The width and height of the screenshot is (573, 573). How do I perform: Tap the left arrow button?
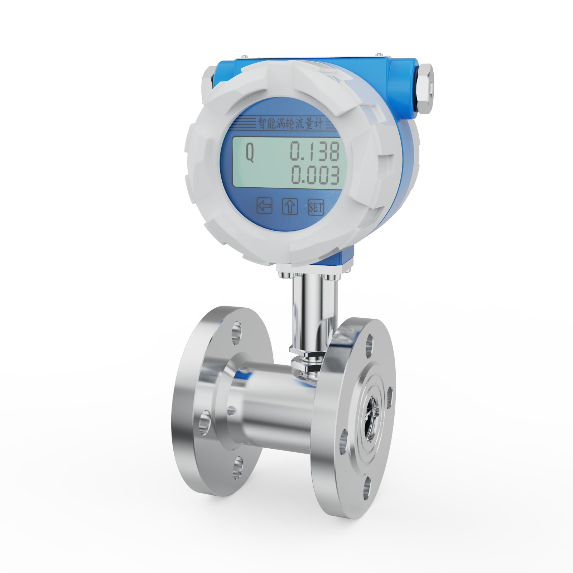click(265, 206)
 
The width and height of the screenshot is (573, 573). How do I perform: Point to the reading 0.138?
click(314, 151)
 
